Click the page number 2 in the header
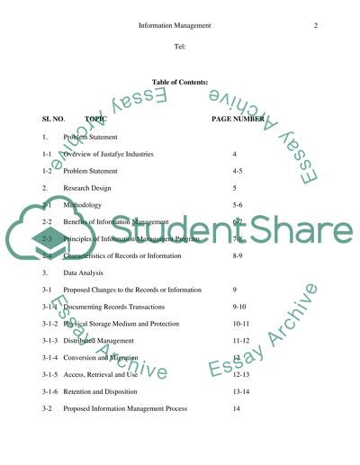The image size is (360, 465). tap(316, 26)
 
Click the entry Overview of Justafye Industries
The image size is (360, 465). tap(108, 155)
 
